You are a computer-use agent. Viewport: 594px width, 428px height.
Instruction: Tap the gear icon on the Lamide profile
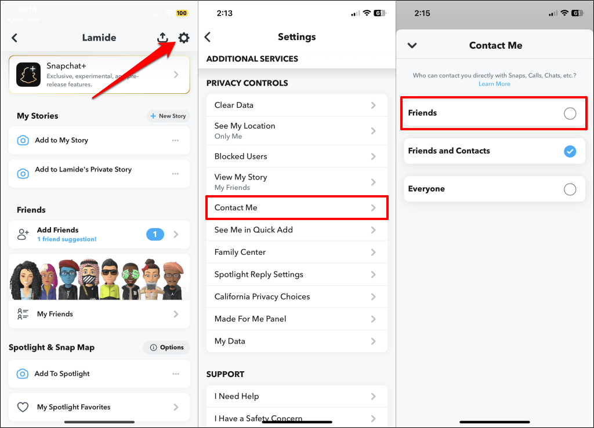click(184, 38)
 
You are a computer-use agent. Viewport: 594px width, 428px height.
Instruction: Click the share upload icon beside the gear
click(162, 37)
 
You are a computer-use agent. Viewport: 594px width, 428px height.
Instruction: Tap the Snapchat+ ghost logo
click(28, 75)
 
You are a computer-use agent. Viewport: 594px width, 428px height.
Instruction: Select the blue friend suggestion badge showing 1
click(155, 235)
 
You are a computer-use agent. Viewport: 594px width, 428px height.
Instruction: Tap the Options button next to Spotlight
click(166, 347)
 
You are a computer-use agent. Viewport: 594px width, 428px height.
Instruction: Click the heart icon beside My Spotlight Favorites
click(23, 407)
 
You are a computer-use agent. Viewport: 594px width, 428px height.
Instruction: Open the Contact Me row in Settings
click(297, 207)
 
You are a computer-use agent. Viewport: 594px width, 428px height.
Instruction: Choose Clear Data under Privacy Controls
click(297, 105)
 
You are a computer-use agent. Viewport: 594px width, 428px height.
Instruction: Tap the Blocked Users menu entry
click(297, 156)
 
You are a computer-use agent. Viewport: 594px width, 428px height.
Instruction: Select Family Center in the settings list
click(297, 252)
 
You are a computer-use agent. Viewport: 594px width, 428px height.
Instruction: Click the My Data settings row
click(297, 341)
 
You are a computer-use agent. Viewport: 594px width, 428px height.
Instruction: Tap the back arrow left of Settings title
click(207, 36)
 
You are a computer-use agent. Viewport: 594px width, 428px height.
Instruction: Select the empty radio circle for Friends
click(570, 114)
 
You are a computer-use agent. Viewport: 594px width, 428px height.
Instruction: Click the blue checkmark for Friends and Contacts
click(570, 151)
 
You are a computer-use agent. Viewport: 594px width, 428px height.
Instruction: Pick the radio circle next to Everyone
click(570, 189)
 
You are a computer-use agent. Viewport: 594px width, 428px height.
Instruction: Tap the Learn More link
click(494, 84)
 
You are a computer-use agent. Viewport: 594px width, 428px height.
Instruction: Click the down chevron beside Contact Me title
click(412, 45)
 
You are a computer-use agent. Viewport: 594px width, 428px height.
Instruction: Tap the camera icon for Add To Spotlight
click(23, 374)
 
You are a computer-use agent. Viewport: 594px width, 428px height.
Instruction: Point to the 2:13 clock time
click(224, 13)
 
